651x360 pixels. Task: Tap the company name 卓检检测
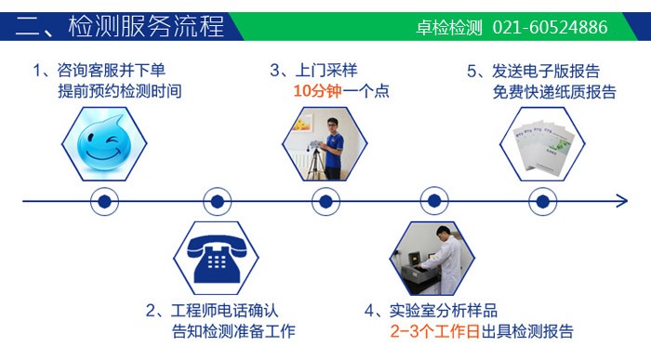point(449,27)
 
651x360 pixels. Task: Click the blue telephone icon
point(216,254)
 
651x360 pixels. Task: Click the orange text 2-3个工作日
point(432,331)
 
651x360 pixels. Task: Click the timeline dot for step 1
point(105,200)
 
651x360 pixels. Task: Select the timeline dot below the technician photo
point(324,200)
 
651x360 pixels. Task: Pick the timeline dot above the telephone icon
point(216,200)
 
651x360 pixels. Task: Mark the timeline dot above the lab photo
point(432,200)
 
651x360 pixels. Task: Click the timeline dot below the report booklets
point(542,200)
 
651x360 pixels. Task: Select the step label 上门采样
point(326,71)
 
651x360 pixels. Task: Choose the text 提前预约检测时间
point(118,91)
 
